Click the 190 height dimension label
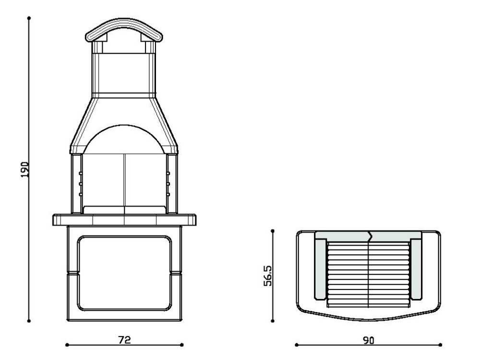[x=24, y=169]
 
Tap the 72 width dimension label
[x=124, y=340]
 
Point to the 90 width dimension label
[x=368, y=340]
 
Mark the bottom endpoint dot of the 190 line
[x=29, y=321]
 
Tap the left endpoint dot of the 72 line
[x=66, y=345]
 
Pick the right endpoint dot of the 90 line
[x=441, y=345]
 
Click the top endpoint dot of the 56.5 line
[x=273, y=231]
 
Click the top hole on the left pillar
[x=81, y=174]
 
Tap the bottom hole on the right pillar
[x=168, y=194]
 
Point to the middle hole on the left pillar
[x=81, y=184]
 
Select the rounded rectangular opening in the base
[x=124, y=273]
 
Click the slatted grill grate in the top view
[x=368, y=274]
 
